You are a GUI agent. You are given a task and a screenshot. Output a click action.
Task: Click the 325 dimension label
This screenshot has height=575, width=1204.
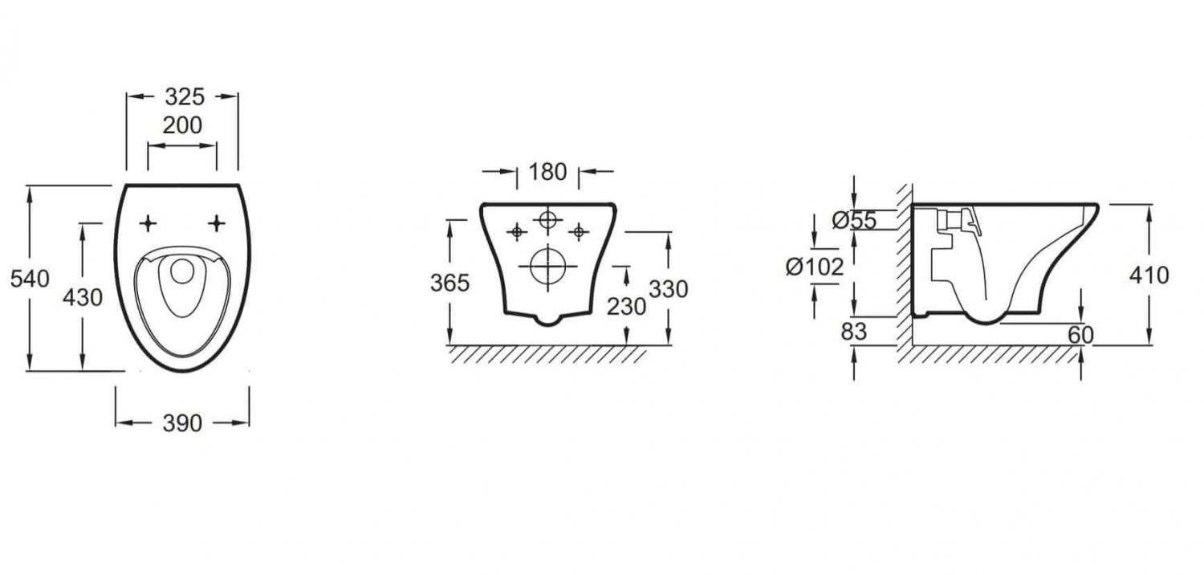click(185, 97)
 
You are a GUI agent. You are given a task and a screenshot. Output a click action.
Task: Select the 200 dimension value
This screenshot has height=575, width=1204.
click(182, 125)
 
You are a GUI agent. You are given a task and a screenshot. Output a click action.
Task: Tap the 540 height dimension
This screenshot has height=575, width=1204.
click(30, 279)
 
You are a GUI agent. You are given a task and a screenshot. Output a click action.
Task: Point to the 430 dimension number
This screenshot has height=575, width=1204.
click(82, 297)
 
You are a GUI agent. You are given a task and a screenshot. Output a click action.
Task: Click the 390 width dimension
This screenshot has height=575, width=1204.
click(182, 423)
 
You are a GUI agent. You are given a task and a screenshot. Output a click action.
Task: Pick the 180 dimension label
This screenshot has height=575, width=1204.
click(547, 172)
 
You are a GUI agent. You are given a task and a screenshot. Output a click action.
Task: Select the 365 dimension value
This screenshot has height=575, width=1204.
click(449, 283)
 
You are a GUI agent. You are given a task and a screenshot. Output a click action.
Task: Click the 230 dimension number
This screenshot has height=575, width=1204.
click(626, 307)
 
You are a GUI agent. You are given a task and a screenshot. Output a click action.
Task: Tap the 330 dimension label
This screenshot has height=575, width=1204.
click(669, 289)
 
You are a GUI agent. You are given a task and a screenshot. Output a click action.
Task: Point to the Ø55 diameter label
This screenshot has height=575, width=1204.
click(854, 220)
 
